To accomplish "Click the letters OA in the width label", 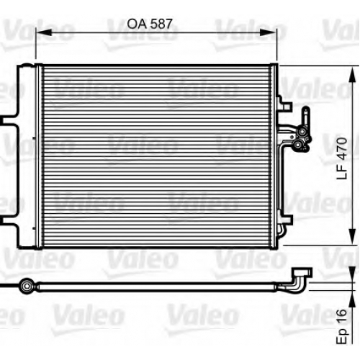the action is tap(136, 24).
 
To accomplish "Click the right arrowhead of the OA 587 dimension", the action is tap(269, 32).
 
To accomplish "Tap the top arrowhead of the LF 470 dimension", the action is tap(352, 75).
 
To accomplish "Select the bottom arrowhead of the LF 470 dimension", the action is tap(352, 236).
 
